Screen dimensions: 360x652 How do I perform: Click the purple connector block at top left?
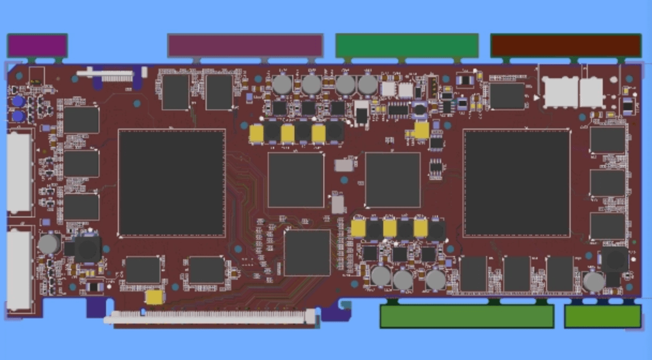pos(37,46)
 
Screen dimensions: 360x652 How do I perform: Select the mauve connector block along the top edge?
pos(245,46)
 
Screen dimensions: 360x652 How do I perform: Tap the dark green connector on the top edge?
pos(407,46)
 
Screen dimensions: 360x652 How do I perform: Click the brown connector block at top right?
pos(566,46)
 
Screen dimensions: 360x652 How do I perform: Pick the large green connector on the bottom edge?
pos(467,316)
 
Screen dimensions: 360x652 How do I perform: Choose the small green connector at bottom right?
pos(603,316)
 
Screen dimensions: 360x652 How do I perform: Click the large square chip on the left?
pos(172,183)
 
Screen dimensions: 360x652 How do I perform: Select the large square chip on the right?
pos(517,183)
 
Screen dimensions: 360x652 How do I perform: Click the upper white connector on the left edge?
pos(19,172)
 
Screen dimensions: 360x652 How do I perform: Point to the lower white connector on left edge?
pos(19,271)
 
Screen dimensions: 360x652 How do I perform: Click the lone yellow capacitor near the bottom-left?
pos(155,297)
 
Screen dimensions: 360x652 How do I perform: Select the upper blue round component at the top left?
pos(18,101)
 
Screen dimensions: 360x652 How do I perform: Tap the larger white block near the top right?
pos(560,92)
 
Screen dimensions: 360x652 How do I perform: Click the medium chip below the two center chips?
pos(307,252)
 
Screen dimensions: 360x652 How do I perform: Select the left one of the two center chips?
pos(296,179)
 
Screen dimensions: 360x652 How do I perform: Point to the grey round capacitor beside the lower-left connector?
pos(49,244)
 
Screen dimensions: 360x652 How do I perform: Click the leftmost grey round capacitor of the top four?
pos(282,85)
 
